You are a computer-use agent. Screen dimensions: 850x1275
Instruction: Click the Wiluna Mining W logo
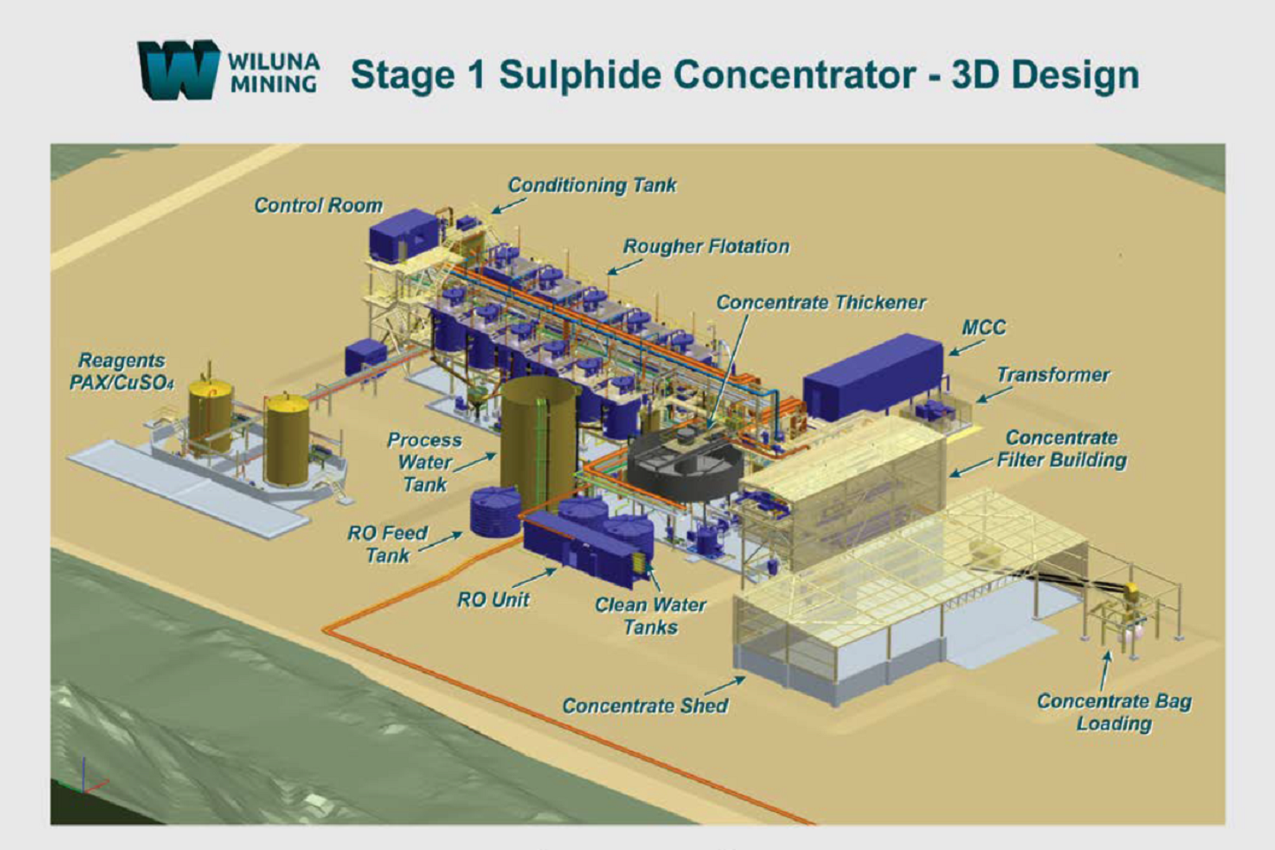[177, 69]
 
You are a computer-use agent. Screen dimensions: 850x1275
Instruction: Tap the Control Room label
[318, 205]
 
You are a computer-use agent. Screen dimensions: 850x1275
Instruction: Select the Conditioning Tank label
[591, 185]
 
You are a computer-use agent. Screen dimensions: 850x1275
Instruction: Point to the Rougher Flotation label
[706, 246]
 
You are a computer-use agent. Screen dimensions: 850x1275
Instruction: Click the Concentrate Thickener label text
[821, 303]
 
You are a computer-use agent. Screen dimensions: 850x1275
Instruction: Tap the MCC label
[984, 328]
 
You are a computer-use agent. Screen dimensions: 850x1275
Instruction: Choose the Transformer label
[1053, 375]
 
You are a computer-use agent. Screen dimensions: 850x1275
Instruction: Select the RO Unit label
[493, 599]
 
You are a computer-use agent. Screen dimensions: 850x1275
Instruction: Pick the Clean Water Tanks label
[650, 615]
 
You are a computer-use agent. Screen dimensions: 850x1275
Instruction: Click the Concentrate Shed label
[645, 706]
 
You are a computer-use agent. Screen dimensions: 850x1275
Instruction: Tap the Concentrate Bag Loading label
[1114, 712]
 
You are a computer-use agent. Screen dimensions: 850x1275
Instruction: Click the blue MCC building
[872, 374]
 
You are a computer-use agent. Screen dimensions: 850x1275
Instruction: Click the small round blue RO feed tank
[494, 513]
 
